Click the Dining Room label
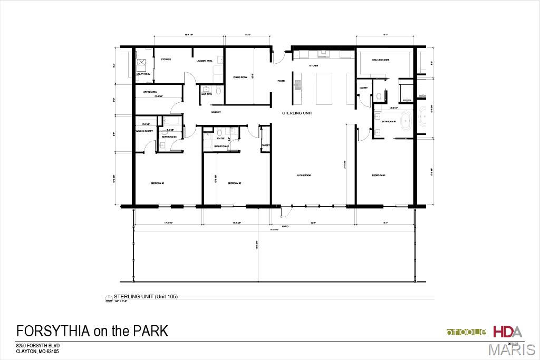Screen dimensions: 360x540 pyautogui.click(x=240, y=77)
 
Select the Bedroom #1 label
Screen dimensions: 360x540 pyautogui.click(x=379, y=176)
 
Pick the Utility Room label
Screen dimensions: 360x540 pyautogui.click(x=143, y=74)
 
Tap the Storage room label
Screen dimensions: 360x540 pyautogui.click(x=166, y=59)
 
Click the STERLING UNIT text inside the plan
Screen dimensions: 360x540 pyautogui.click(x=297, y=113)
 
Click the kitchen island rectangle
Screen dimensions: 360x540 pyautogui.click(x=325, y=88)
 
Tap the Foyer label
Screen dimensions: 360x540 pyautogui.click(x=281, y=81)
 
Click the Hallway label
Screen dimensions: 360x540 pyautogui.click(x=216, y=112)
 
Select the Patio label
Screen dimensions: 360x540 pyautogui.click(x=285, y=227)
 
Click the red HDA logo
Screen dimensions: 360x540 pyautogui.click(x=507, y=332)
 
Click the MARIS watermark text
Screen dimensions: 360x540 pyautogui.click(x=512, y=350)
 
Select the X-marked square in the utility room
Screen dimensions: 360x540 pyautogui.click(x=141, y=64)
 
